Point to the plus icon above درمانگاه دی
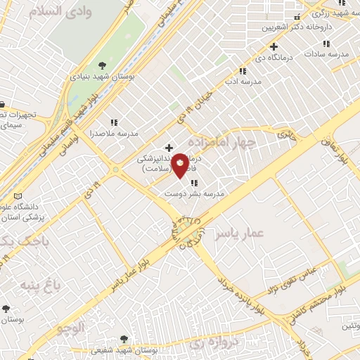pyautogui.click(x=274, y=46)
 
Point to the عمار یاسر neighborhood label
pyautogui.click(x=238, y=231)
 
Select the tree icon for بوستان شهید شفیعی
pyautogui.click(x=124, y=339)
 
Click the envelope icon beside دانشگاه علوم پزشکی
pyautogui.click(x=18, y=195)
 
